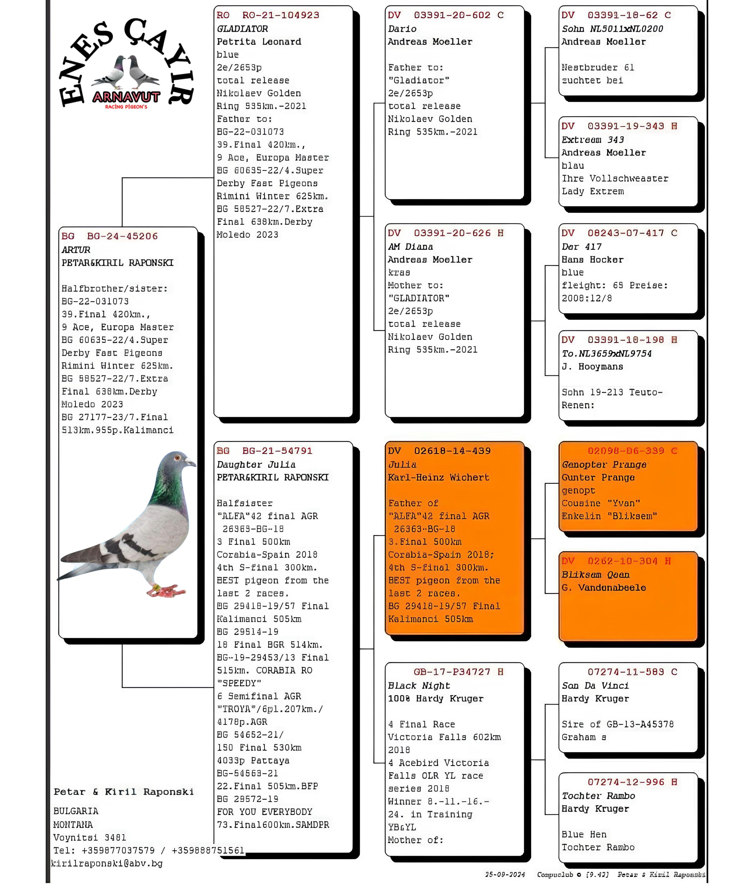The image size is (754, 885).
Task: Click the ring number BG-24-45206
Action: point(122,236)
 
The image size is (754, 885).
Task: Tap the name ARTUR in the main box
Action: point(76,250)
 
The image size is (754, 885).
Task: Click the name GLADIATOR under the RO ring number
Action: point(242,29)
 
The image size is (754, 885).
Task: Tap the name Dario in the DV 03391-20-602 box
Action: point(402,29)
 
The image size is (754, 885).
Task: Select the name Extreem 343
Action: point(592,140)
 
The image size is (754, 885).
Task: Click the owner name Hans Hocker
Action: point(592,260)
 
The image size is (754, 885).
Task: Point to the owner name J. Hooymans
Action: point(592,367)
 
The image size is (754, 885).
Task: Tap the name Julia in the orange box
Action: point(402,465)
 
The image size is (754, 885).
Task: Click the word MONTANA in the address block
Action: point(73,825)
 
